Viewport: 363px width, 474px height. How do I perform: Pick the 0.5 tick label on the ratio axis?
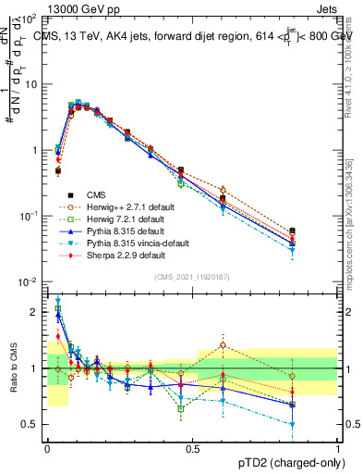click(30, 424)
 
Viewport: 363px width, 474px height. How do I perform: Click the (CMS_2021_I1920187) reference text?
click(192, 277)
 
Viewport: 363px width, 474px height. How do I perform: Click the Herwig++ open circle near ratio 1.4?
click(223, 345)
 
